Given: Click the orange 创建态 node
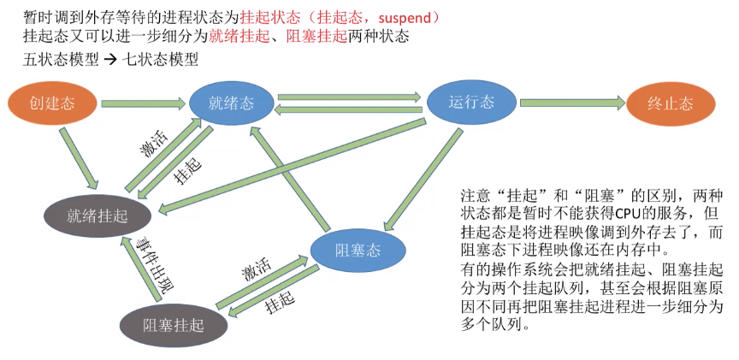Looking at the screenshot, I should click(52, 103).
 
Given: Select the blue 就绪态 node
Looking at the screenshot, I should click(231, 103).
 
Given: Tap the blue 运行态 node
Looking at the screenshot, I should click(470, 103).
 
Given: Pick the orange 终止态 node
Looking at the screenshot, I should click(671, 104).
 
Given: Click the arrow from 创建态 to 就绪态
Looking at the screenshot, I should click(141, 104).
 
